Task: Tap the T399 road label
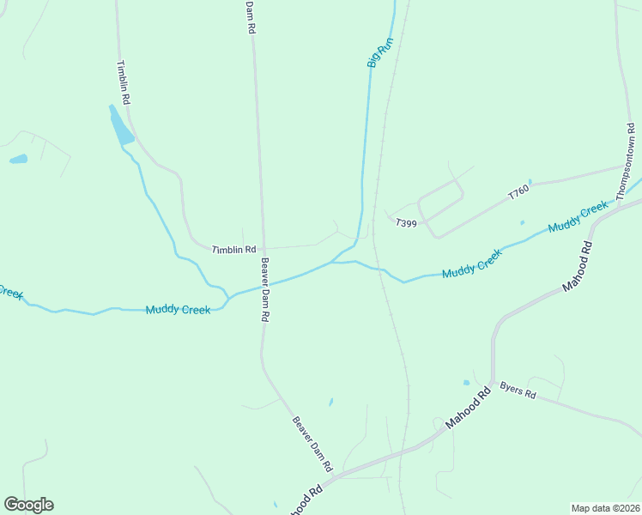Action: tap(406, 223)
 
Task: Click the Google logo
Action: tap(28, 505)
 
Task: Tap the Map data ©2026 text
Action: tap(605, 507)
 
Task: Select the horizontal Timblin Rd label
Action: tap(234, 250)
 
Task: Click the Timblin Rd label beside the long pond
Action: tap(124, 82)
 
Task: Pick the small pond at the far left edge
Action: tap(18, 159)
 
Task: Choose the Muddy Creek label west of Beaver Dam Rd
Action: tap(178, 310)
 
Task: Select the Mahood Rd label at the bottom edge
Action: tap(306, 501)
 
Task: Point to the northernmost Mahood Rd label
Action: tap(578, 267)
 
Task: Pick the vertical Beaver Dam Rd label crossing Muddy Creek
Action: tap(265, 290)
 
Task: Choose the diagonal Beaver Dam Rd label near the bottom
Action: tap(312, 445)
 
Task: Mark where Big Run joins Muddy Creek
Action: tap(333, 262)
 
